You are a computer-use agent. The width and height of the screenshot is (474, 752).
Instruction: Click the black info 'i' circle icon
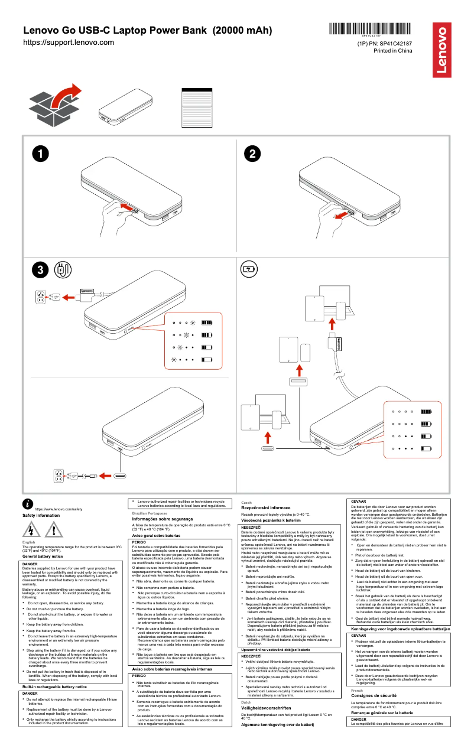tap(28, 503)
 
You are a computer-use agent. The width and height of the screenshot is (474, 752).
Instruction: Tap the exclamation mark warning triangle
tap(53, 530)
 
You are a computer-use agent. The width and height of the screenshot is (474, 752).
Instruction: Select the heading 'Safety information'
tap(41, 516)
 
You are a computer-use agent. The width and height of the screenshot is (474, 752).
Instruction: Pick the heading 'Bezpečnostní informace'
tap(265, 508)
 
